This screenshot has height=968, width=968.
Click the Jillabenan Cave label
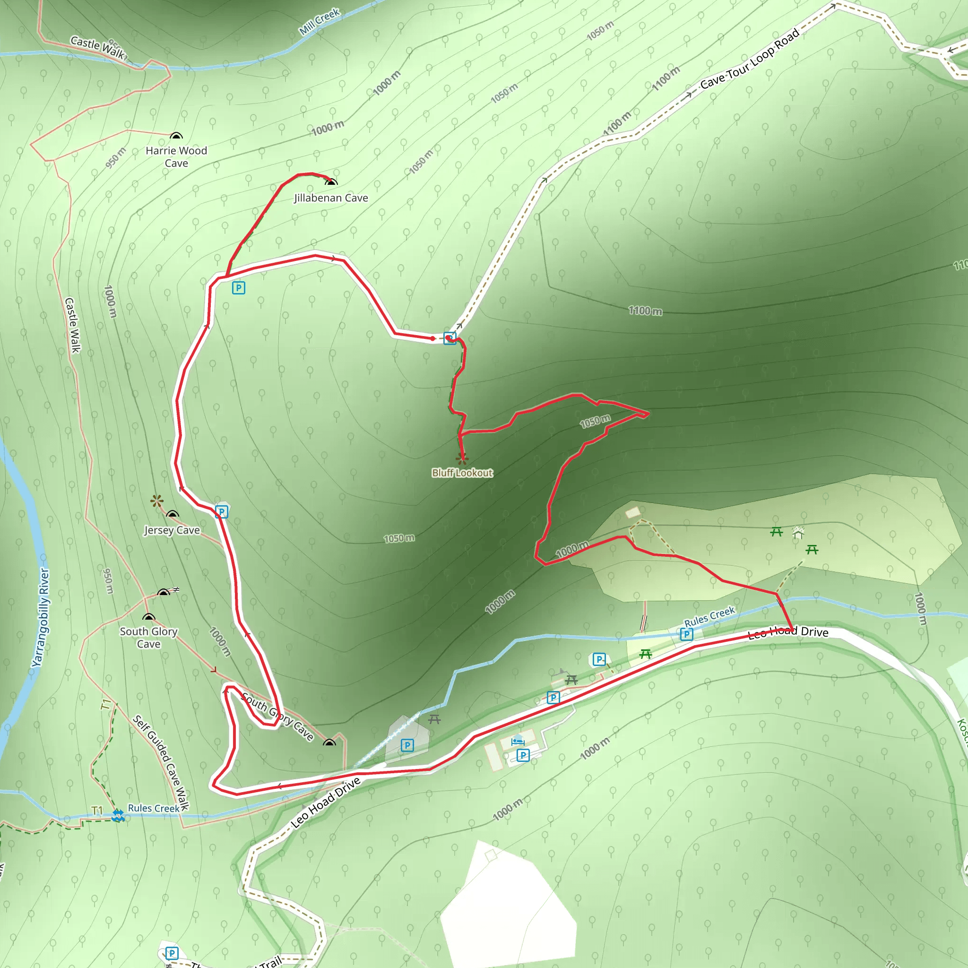(331, 198)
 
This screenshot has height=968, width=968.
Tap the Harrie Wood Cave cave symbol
(176, 136)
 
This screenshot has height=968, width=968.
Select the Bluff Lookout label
(462, 473)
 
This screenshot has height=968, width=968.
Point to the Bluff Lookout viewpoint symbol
(462, 458)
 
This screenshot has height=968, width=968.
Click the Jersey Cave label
(172, 530)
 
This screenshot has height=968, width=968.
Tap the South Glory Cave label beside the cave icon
(149, 637)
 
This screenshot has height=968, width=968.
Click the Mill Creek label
(320, 22)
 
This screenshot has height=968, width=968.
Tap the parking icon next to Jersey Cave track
(222, 511)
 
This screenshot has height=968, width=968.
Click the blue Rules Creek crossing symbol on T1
(118, 816)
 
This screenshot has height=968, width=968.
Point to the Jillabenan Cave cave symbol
(331, 182)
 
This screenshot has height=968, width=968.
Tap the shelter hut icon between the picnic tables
(798, 533)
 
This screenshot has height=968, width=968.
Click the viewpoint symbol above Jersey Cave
(157, 501)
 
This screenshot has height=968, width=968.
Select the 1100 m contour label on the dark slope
(645, 311)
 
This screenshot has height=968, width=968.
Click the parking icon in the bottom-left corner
(172, 953)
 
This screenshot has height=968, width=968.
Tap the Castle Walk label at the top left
(97, 47)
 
